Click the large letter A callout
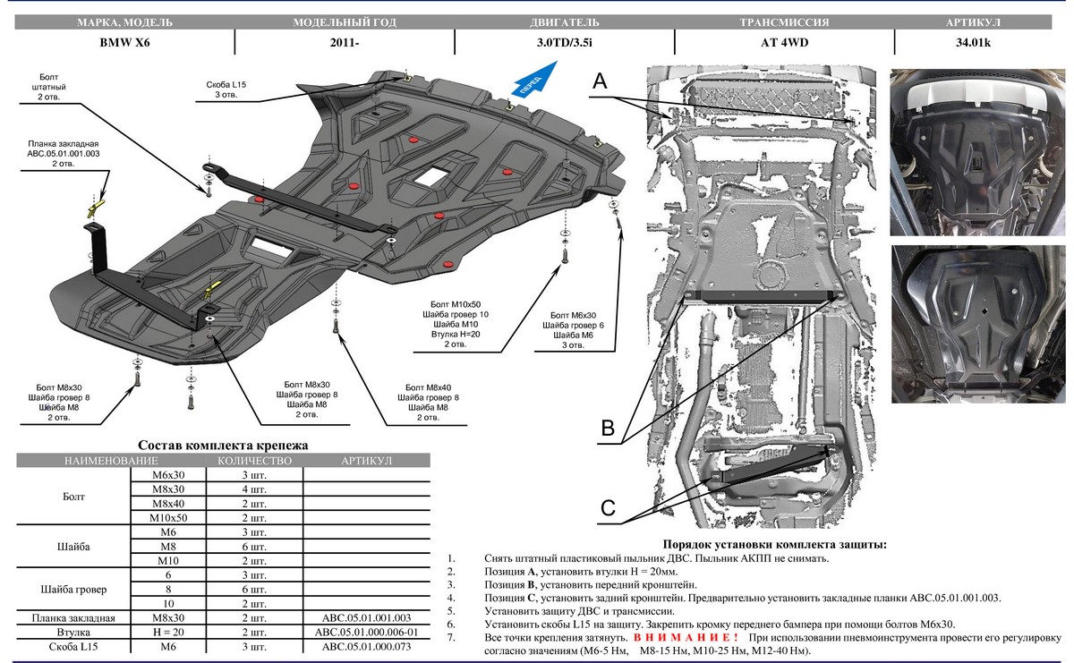[600, 81]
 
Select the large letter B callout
[608, 428]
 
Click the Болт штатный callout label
[53, 86]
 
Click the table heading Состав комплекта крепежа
[223, 445]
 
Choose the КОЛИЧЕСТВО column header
[254, 460]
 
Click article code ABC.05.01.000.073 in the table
[366, 647]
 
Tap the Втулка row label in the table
[72, 633]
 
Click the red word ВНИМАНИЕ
[686, 636]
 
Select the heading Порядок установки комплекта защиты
[774, 544]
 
